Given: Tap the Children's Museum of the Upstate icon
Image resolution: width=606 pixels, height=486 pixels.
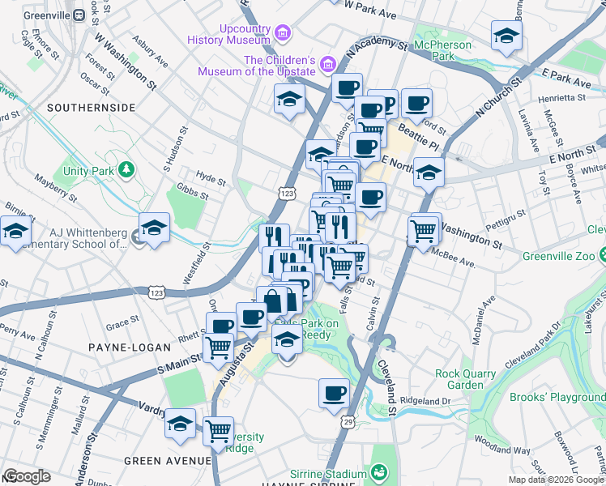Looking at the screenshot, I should click(x=327, y=63).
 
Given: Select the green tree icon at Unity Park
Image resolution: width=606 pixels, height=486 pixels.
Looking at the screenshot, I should click(x=126, y=169).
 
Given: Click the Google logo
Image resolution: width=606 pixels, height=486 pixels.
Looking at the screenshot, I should click(x=28, y=476).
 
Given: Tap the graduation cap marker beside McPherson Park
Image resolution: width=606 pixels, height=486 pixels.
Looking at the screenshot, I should click(x=506, y=36).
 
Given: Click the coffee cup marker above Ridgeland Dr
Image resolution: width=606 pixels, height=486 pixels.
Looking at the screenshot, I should click(x=334, y=394).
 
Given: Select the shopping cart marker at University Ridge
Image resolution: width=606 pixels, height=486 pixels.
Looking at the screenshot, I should click(x=218, y=431).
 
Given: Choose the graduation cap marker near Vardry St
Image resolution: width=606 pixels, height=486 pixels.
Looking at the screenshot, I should click(x=180, y=424).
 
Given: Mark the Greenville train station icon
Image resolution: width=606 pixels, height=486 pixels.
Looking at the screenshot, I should click(x=79, y=15).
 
